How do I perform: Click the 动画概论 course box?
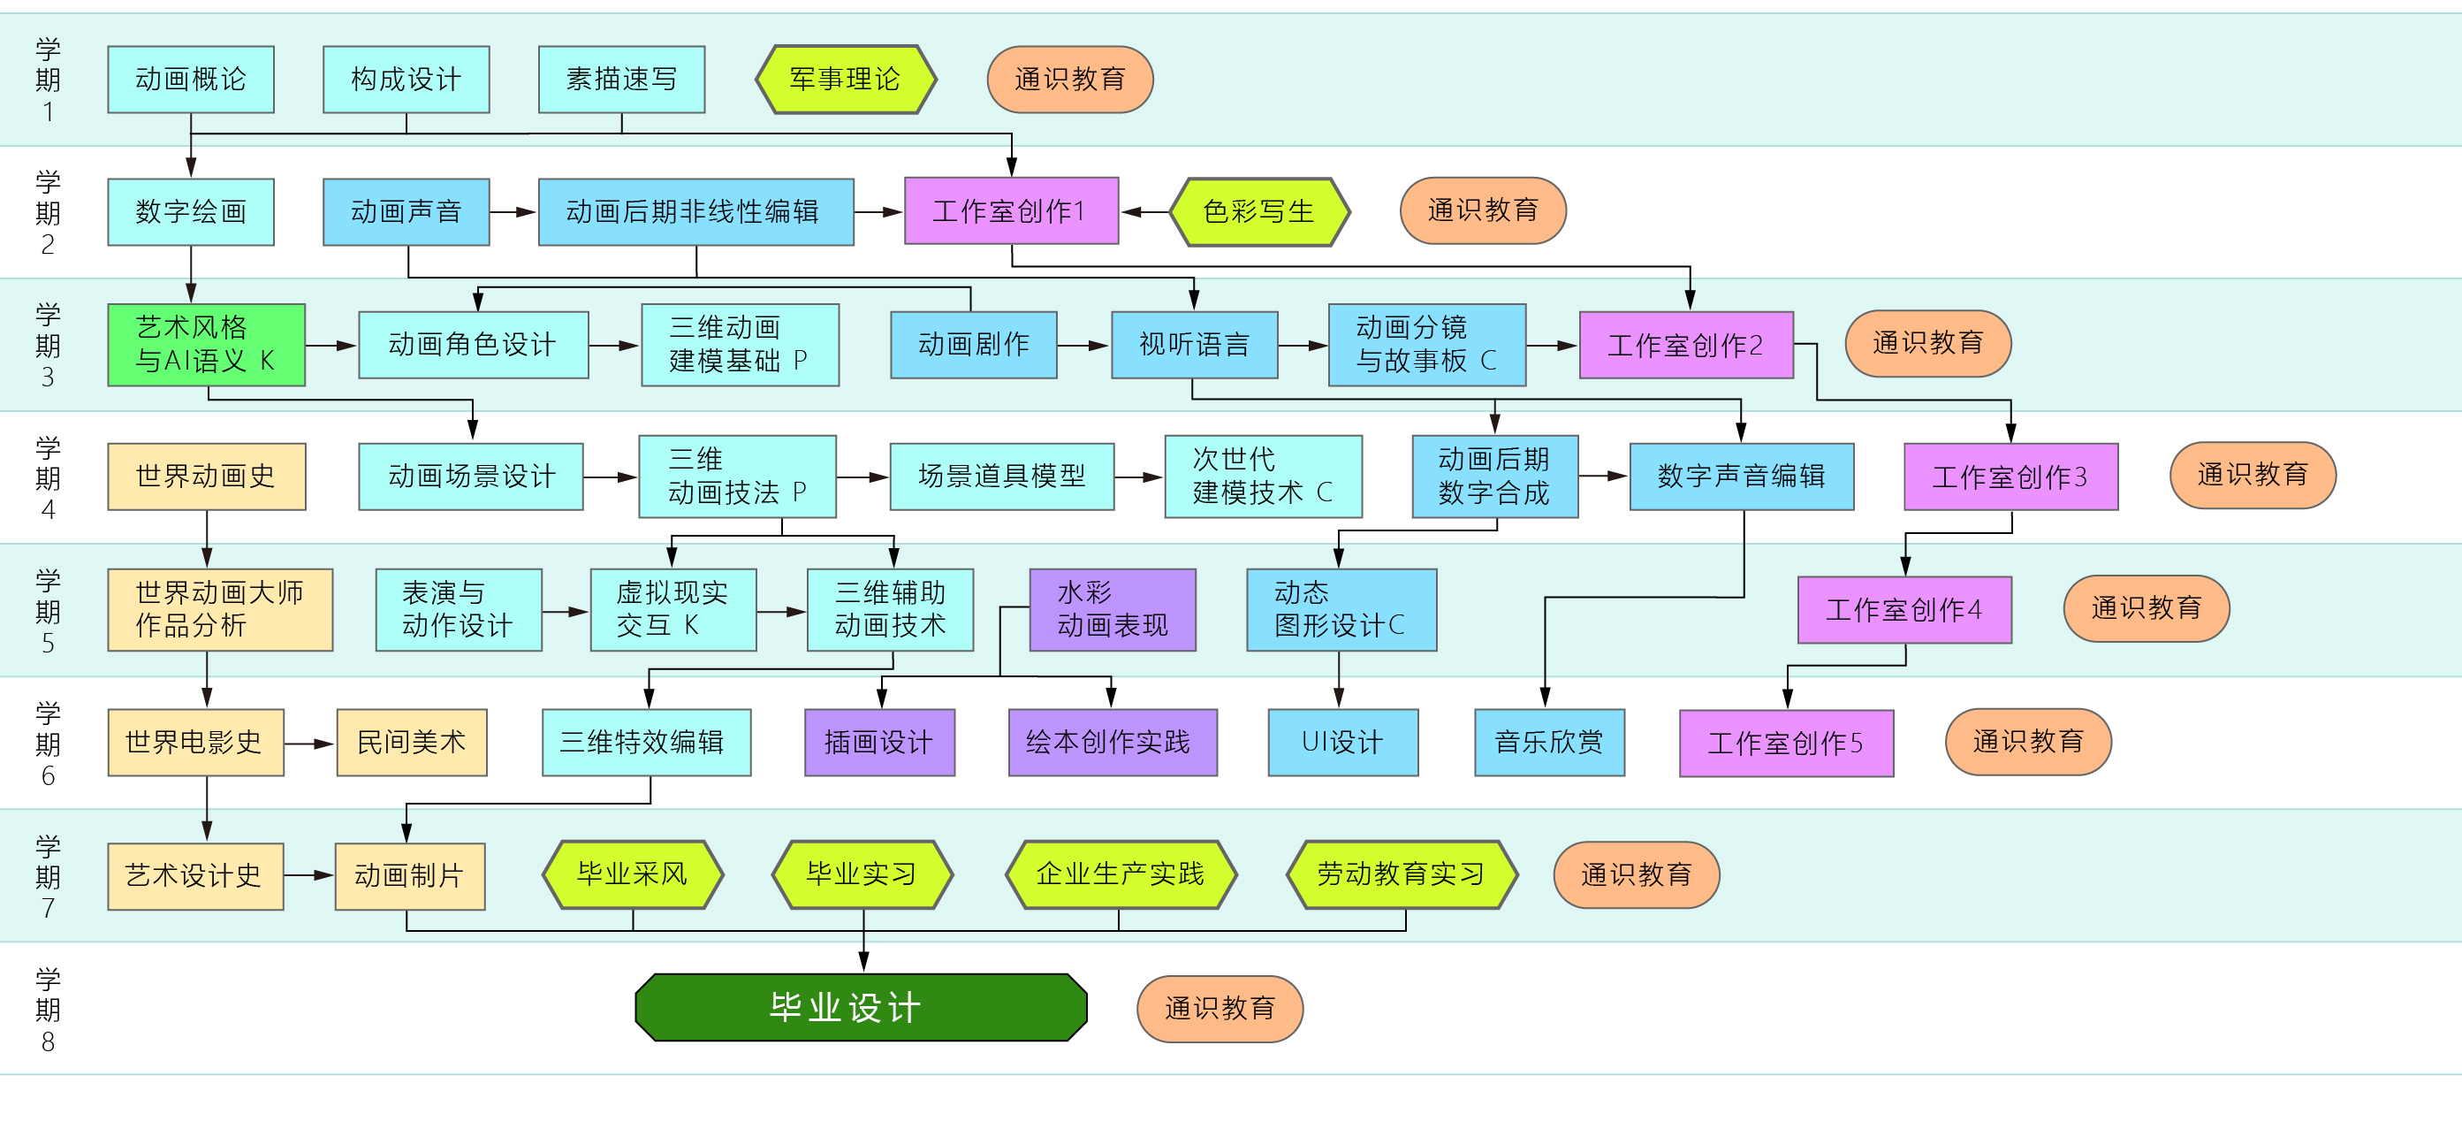190,80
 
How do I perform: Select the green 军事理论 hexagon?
845,80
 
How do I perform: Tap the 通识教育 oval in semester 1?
1069,80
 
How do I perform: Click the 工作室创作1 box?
1010,211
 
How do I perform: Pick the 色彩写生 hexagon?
1258,211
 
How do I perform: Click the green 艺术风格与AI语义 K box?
207,344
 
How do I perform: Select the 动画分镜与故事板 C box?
1426,344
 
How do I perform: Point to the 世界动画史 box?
207,476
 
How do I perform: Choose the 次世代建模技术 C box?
1263,476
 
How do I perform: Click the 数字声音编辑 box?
1742,476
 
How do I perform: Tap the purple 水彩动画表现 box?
1113,609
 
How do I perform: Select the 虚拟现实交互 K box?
672,609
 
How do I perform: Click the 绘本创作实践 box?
1113,742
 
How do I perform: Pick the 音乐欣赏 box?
1549,742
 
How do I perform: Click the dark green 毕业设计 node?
861,1008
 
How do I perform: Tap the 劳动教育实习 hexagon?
1402,873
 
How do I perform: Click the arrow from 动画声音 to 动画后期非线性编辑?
514,212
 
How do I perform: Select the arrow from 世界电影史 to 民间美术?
310,743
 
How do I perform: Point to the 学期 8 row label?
48,1010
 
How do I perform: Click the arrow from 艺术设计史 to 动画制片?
309,874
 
